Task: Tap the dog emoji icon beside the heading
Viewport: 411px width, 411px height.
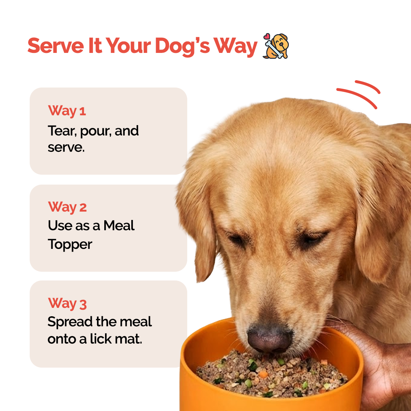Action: tap(276, 46)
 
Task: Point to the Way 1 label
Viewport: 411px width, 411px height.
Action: tap(67, 111)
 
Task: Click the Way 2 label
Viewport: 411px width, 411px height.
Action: tap(67, 207)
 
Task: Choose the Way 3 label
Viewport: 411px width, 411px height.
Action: tap(67, 304)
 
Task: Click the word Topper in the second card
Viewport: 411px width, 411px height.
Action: tap(70, 244)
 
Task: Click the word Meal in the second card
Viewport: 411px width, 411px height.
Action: tap(119, 226)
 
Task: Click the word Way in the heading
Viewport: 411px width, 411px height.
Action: tap(236, 46)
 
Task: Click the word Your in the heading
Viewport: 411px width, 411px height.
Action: tap(129, 46)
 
